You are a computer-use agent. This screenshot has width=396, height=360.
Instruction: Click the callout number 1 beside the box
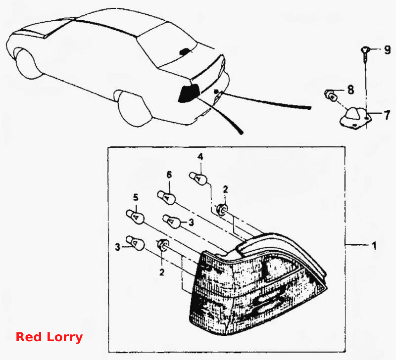[x=374, y=245]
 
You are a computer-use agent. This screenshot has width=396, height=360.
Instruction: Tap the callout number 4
[x=200, y=157]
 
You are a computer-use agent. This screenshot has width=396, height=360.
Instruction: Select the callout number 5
[x=136, y=197]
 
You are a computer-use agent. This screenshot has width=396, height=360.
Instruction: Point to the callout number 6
[x=169, y=175]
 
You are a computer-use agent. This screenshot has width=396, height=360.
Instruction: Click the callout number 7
[x=387, y=115]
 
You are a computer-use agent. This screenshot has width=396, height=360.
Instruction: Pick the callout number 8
[x=350, y=90]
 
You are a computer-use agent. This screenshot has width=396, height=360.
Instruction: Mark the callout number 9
[x=387, y=50]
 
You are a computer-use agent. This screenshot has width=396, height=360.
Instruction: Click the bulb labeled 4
[x=198, y=178]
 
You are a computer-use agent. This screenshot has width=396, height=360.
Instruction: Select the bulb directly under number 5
[x=135, y=217]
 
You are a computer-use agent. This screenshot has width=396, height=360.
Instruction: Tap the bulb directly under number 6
[x=166, y=197]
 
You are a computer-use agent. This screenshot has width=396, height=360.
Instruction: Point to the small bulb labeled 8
[x=331, y=96]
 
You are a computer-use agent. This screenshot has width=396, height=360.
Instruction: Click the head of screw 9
[x=365, y=50]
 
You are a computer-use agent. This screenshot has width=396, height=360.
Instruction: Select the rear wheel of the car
[x=134, y=108]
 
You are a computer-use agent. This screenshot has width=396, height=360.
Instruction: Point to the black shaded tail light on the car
[x=189, y=93]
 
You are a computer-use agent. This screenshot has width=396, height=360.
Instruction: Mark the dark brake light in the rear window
[x=185, y=52]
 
